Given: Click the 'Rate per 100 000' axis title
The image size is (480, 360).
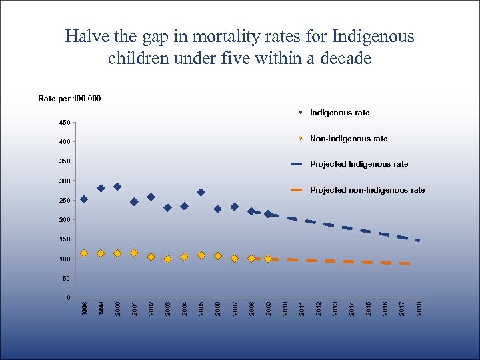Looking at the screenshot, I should point(69,99).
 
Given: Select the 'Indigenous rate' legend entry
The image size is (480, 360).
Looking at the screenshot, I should point(339,113).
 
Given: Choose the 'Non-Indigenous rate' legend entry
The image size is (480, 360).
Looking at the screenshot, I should point(349,139).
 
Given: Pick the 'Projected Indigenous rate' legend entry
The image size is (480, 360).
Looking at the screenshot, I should point(359,164).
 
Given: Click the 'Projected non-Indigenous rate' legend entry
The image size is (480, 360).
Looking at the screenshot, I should point(367,190).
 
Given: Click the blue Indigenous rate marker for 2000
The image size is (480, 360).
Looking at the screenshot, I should point(117,187).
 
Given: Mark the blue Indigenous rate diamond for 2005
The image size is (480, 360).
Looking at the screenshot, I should point(201,193).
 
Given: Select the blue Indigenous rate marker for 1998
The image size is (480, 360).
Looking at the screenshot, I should point(84,199).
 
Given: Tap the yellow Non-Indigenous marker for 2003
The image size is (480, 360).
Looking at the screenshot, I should point(167,259).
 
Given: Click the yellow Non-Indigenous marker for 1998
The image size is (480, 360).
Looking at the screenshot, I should point(84,253).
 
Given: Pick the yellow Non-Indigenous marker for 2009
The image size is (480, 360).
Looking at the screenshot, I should point(268,259).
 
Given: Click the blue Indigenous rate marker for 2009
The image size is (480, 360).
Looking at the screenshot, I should point(268,214).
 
